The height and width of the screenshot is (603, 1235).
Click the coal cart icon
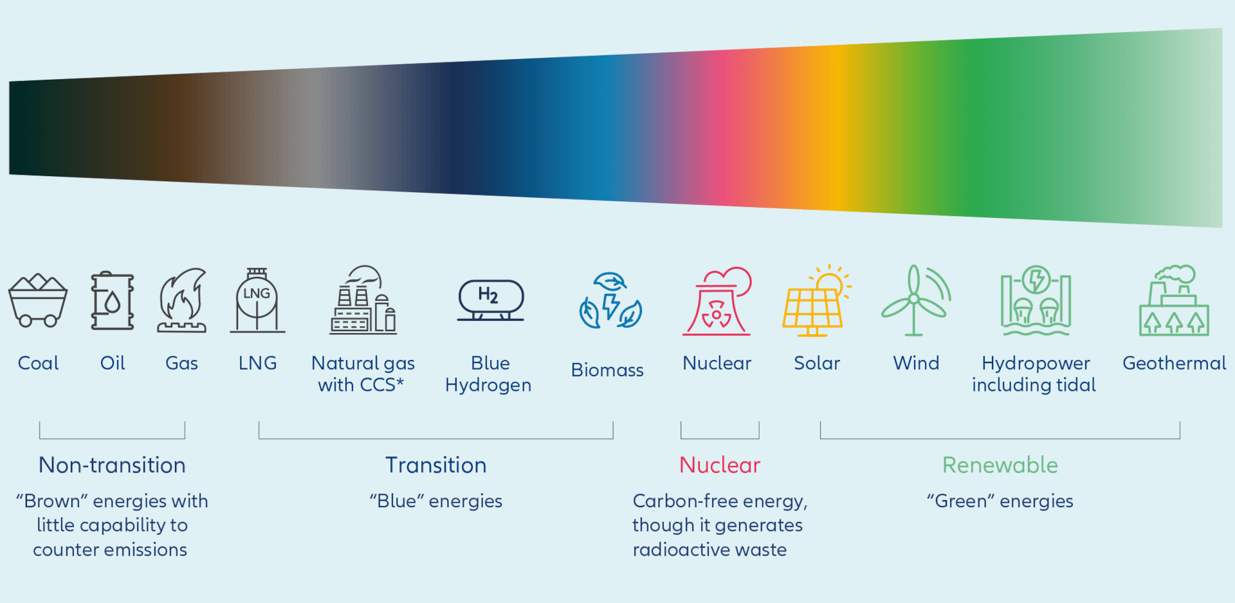click(x=37, y=300)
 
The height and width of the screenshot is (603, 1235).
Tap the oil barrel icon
click(x=113, y=300)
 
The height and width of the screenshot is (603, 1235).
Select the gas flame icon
click(x=182, y=300)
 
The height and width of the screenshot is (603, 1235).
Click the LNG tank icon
click(x=257, y=300)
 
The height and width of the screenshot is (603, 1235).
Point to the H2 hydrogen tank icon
click(x=491, y=299)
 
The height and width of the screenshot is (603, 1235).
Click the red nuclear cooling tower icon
click(x=717, y=301)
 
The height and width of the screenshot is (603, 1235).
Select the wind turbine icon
click(x=915, y=300)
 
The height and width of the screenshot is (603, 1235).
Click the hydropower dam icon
click(x=1036, y=301)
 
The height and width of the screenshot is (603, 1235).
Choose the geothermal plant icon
click(x=1174, y=301)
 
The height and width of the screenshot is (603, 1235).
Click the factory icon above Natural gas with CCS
click(x=363, y=300)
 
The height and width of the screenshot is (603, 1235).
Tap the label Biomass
click(x=607, y=370)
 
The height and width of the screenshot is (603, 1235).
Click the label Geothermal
click(x=1174, y=363)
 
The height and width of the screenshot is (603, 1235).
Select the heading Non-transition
click(x=112, y=465)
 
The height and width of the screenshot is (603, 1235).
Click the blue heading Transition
click(x=436, y=465)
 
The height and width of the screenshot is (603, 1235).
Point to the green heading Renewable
click(x=1000, y=465)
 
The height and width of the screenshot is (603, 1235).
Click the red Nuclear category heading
click(x=720, y=465)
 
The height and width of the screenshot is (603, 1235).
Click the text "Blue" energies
click(x=436, y=501)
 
